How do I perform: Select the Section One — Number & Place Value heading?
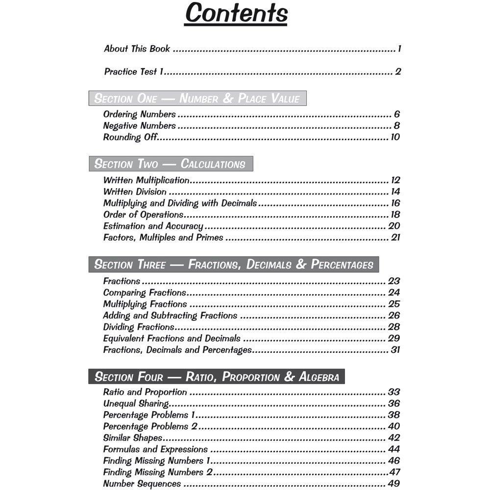tap(197, 98)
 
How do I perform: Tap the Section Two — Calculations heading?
tap(170, 164)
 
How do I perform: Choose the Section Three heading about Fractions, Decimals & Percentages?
tap(234, 265)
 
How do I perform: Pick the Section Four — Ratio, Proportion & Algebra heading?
tap(217, 377)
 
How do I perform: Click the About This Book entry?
tap(137, 49)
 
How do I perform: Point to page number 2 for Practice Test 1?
tap(398, 72)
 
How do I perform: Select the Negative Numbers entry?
tap(139, 125)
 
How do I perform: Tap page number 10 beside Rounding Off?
tap(395, 137)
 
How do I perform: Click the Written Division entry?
tap(135, 192)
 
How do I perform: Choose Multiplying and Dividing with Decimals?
tap(180, 203)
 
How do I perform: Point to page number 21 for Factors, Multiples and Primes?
tap(395, 238)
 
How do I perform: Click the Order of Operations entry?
tap(143, 215)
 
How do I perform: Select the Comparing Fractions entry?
tap(145, 293)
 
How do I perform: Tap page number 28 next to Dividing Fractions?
tap(394, 327)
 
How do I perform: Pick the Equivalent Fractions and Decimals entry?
tap(171, 338)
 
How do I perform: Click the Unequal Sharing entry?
tap(136, 403)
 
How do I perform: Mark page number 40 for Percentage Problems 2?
tap(394, 426)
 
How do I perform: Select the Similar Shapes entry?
tap(132, 438)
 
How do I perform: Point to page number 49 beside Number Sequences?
tap(394, 484)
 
